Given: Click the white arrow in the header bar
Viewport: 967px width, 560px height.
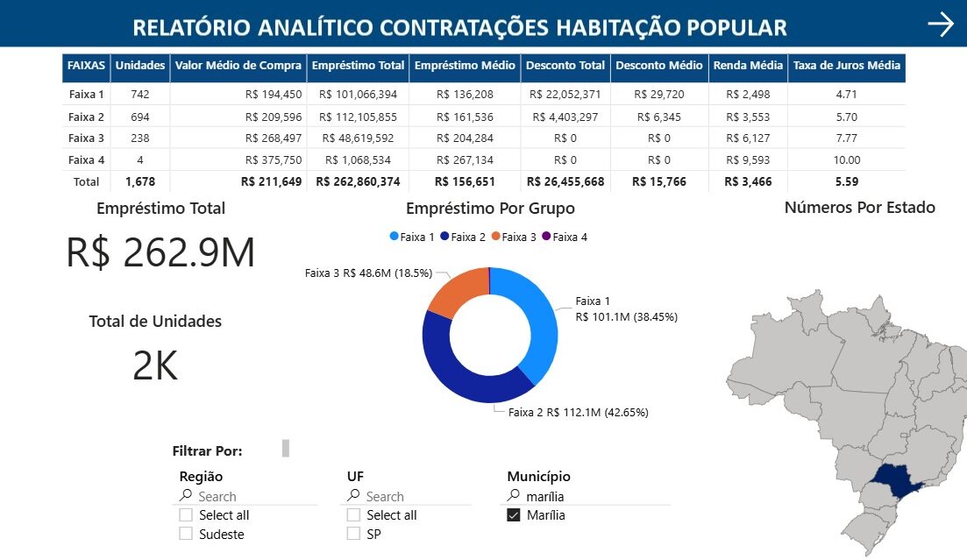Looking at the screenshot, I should (x=940, y=25).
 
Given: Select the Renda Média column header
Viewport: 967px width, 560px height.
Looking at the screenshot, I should (x=748, y=66).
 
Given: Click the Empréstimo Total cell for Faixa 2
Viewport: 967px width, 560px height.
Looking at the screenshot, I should (x=358, y=117).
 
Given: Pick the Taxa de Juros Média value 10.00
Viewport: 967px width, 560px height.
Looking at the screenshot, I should (x=847, y=160).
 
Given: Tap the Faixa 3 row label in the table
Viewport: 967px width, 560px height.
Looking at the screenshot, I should (x=86, y=138).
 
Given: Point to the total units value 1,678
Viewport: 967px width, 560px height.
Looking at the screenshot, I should (x=139, y=182).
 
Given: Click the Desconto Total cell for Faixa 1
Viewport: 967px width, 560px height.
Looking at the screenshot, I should (x=565, y=95).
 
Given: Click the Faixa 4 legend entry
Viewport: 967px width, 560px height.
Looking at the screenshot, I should (x=565, y=237).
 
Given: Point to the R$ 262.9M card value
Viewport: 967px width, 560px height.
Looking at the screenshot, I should (x=160, y=252).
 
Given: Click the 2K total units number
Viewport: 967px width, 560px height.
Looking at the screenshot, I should (x=155, y=365).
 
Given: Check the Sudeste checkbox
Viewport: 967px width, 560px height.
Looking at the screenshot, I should (x=186, y=534).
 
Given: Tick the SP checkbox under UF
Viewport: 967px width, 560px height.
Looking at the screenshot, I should (x=353, y=534).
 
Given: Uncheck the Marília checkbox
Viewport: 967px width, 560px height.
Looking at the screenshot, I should (x=514, y=515).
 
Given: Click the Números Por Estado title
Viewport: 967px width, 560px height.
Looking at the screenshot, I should (x=859, y=208).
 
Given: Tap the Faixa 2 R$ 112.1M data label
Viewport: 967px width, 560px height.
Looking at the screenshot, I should (x=579, y=412).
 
